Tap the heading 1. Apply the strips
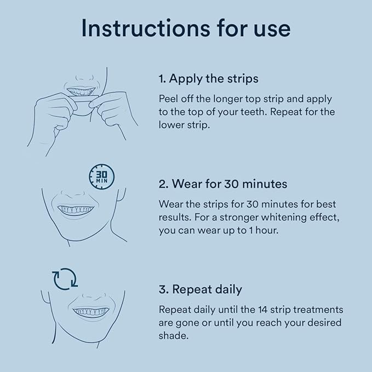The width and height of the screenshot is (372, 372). pos(208,78)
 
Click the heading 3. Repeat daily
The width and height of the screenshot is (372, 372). pos(200,289)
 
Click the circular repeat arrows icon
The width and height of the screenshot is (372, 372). pos(65,278)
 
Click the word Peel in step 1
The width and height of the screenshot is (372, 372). pos(169,99)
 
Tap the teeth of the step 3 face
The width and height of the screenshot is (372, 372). pos(91,311)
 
